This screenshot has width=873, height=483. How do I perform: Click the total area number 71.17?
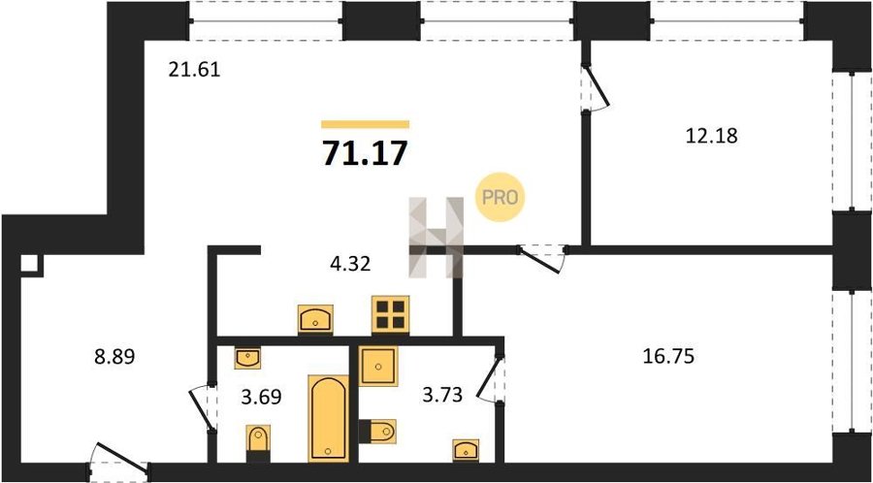(x=365, y=153)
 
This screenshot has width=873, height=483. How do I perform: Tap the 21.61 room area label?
(x=195, y=70)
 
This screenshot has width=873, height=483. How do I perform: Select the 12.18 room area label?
(x=712, y=135)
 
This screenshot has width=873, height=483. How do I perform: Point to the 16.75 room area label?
(x=668, y=356)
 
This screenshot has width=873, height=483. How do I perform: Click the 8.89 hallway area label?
(x=114, y=356)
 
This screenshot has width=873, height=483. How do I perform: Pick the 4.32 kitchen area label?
(x=349, y=262)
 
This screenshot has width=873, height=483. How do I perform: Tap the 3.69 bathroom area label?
(x=261, y=397)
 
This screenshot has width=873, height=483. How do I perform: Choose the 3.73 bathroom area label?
(x=441, y=397)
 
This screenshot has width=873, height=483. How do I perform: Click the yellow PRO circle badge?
(x=500, y=197)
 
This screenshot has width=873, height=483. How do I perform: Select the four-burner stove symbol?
(x=390, y=314)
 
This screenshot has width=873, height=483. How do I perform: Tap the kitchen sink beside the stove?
(x=315, y=319)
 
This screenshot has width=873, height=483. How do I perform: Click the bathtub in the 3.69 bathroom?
(x=329, y=418)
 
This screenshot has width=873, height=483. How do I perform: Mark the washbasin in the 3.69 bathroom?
(x=247, y=358)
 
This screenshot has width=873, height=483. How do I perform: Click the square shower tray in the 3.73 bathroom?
(x=378, y=367)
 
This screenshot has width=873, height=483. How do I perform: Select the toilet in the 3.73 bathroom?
(x=378, y=432)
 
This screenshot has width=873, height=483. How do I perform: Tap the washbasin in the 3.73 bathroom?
(x=466, y=450)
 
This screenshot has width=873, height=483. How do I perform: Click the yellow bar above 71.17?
(x=366, y=125)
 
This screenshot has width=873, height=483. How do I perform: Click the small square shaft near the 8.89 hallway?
(x=31, y=265)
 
